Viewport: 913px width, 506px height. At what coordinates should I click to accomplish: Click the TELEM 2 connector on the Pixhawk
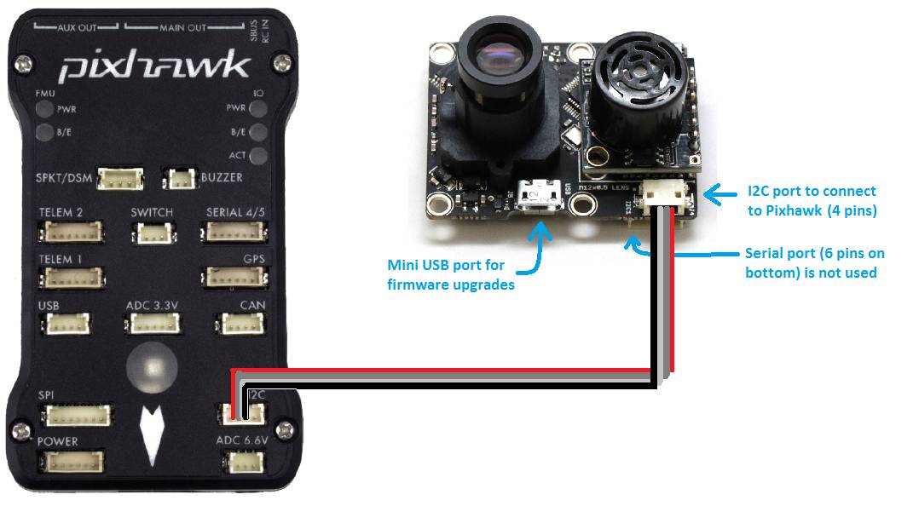pyautogui.click(x=72, y=232)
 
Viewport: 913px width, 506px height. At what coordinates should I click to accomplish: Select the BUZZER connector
pyautogui.click(x=181, y=179)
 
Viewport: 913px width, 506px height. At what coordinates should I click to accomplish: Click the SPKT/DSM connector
pyautogui.click(x=120, y=178)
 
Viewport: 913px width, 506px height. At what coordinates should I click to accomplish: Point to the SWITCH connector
pyautogui.click(x=152, y=232)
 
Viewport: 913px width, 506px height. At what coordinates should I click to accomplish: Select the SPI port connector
pyautogui.click(x=78, y=416)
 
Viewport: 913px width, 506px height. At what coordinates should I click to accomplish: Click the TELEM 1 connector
pyautogui.click(x=72, y=278)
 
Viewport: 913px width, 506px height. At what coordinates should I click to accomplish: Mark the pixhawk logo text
pyautogui.click(x=154, y=66)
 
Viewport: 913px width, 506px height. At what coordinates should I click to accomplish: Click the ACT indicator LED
pyautogui.click(x=259, y=155)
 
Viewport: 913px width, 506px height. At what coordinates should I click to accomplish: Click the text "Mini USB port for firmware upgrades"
pyautogui.click(x=452, y=275)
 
